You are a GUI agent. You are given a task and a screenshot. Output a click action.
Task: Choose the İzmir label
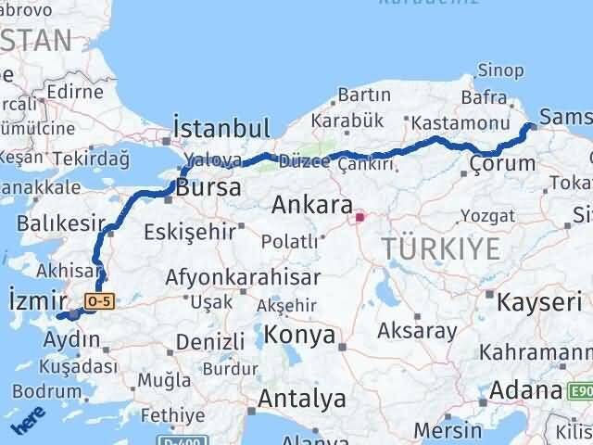[x=36, y=299]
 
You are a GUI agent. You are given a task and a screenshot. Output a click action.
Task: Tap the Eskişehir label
[x=190, y=232]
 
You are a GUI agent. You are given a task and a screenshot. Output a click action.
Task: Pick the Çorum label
[x=502, y=164]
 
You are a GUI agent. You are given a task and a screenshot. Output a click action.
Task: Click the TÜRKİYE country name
[x=441, y=248]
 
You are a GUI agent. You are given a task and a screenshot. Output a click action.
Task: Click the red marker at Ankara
[x=360, y=219]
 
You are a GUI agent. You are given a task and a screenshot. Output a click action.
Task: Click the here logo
[x=25, y=425]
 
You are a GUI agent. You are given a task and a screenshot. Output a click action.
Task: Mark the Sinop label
[x=501, y=70]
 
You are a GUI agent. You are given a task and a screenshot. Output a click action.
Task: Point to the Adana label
[x=525, y=389]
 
